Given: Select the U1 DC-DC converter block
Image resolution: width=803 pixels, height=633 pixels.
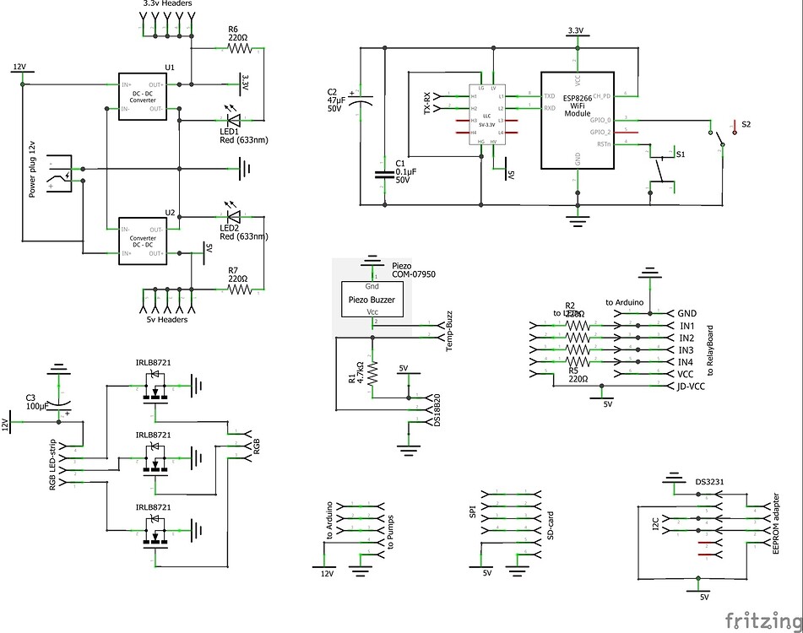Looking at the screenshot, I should point(142,96).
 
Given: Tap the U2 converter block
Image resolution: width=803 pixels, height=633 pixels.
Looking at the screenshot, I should point(142,241).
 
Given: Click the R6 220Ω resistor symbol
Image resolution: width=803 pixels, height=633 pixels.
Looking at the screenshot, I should point(239,49).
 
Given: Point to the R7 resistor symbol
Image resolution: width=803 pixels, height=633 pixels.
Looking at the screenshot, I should point(239,289).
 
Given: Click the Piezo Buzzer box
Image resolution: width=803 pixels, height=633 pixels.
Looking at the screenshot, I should point(372,300).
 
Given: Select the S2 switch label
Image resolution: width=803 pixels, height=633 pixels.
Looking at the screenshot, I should point(746,124).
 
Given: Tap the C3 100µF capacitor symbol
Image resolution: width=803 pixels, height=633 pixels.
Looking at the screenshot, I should point(59,403).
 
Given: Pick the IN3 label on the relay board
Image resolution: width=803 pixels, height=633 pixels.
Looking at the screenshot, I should point(686,349).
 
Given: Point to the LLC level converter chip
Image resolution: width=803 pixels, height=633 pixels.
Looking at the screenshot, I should point(486,115).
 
